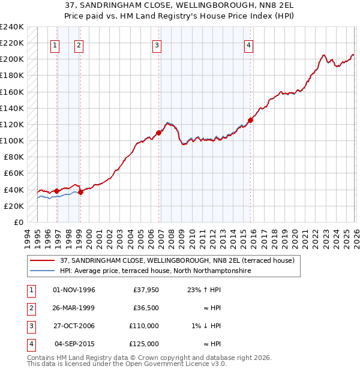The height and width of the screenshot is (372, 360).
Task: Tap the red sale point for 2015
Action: coord(250,120)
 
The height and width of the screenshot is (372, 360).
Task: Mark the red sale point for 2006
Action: coord(159,133)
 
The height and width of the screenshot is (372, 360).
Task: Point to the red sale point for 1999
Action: coord(81,192)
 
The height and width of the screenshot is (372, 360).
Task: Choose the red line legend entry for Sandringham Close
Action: coord(177,261)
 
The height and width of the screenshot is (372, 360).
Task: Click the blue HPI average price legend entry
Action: coord(155,271)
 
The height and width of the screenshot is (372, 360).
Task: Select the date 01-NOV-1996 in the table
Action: coord(74,290)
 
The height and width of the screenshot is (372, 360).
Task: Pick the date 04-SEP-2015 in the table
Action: coord(76,344)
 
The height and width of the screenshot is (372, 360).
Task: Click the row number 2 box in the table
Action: coord(29,308)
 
